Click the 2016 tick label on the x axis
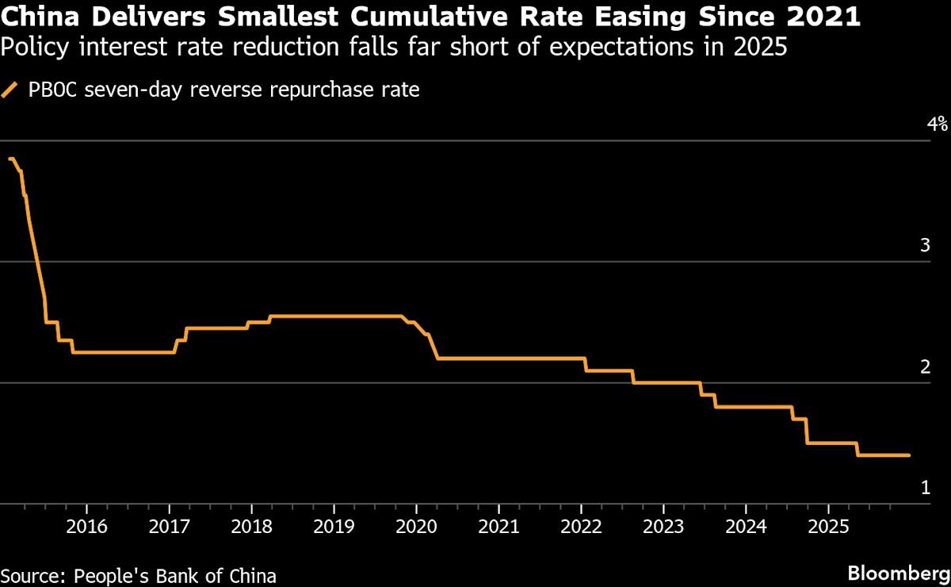tap(86, 526)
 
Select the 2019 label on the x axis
tap(333, 526)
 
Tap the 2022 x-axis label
tap(581, 526)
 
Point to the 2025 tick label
tap(828, 526)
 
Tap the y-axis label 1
tap(925, 488)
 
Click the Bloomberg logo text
tap(897, 573)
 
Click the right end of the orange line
tap(909, 455)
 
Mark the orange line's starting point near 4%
tap(10, 159)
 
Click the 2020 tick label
tap(416, 526)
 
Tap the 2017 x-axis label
tap(169, 526)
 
